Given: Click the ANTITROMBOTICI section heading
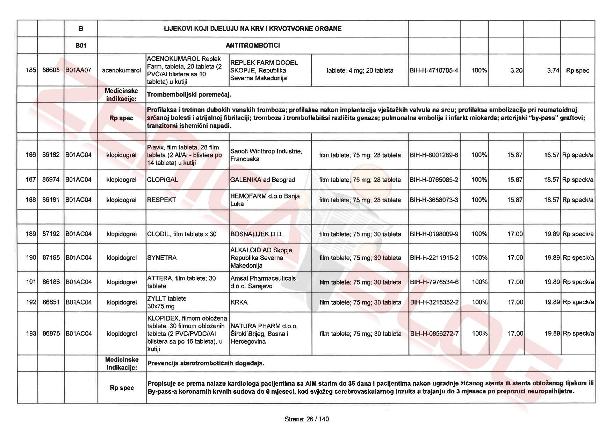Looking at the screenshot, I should (x=252, y=45).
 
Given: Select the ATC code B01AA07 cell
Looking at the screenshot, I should (x=78, y=70).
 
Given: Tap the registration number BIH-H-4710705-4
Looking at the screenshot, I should (x=434, y=70).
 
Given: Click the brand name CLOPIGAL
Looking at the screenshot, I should (x=163, y=180).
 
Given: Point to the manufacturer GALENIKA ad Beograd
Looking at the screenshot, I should (x=262, y=180).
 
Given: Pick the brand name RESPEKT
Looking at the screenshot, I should (x=161, y=200).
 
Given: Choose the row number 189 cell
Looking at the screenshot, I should (x=31, y=234).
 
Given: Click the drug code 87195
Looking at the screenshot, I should (x=51, y=257).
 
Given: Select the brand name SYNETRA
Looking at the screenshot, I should (x=162, y=258).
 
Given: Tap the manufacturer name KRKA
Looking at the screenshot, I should (x=239, y=302).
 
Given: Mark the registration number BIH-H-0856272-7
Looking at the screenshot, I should (x=434, y=334).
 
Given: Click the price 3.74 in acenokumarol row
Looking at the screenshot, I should (x=553, y=70).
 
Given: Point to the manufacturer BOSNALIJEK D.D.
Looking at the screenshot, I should (x=257, y=234).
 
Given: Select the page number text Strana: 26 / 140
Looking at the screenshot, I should (x=306, y=419).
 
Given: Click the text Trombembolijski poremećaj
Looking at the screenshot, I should (x=189, y=94).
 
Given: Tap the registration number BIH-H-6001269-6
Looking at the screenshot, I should (x=434, y=155).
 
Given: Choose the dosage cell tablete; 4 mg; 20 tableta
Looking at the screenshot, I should (x=360, y=70).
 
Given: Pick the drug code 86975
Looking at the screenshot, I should (x=51, y=334).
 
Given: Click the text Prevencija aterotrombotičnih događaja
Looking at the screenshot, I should (x=205, y=363).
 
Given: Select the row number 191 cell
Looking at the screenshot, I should (x=31, y=282).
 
